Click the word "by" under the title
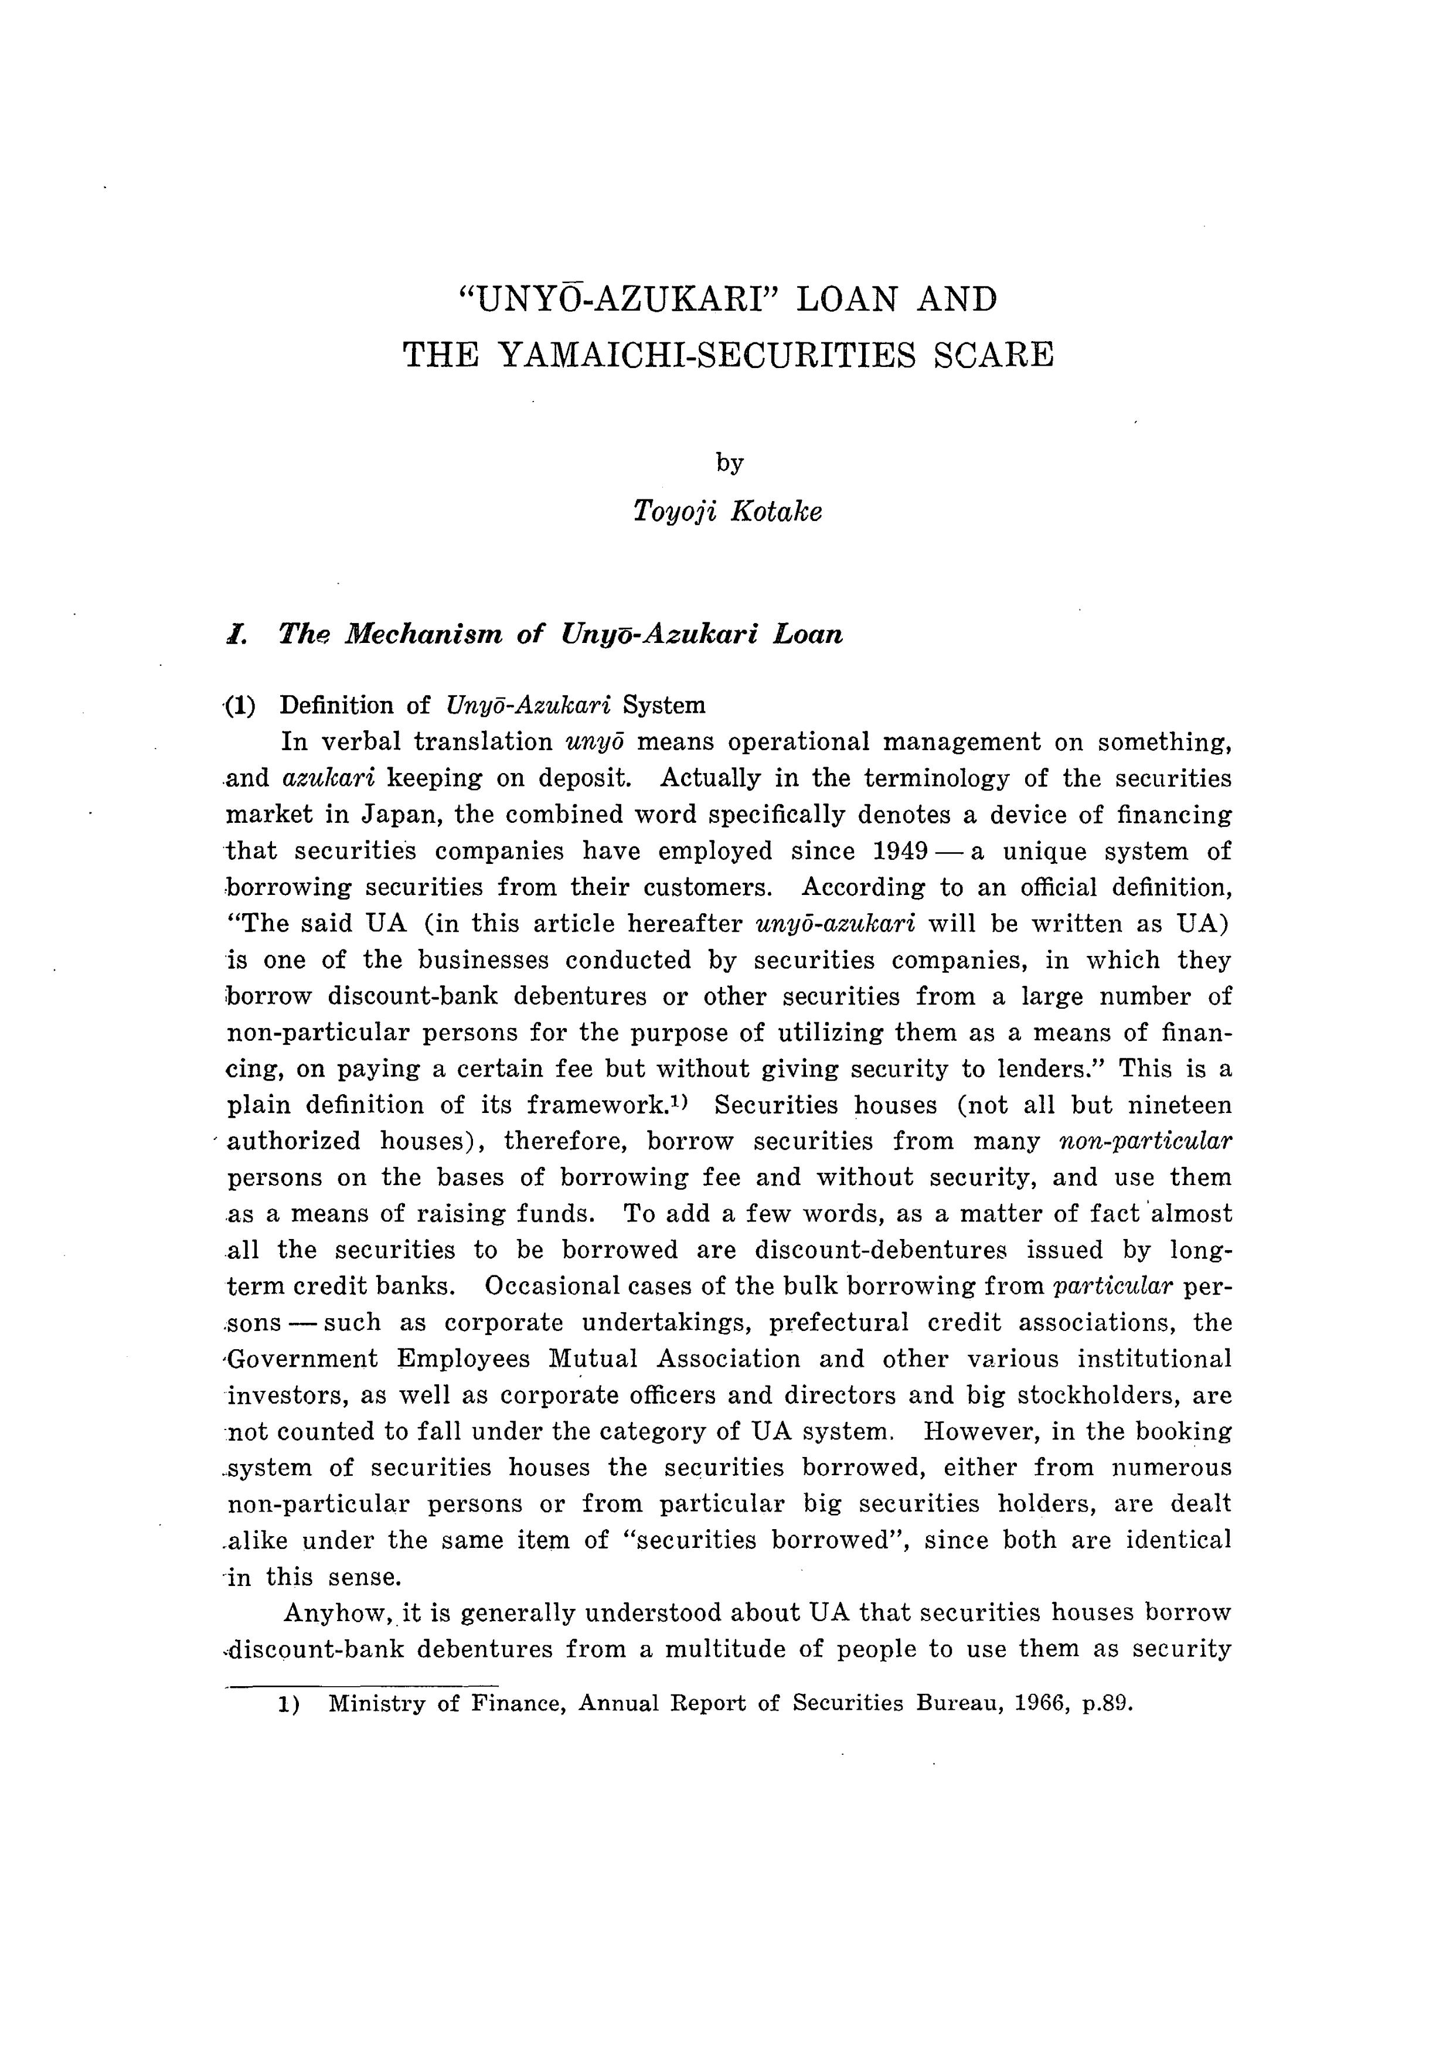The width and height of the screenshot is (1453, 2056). (x=730, y=463)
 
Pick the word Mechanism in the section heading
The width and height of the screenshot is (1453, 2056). (x=423, y=635)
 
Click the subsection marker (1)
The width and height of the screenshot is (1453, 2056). (x=240, y=706)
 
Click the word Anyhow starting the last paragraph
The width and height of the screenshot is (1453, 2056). (x=338, y=1614)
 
